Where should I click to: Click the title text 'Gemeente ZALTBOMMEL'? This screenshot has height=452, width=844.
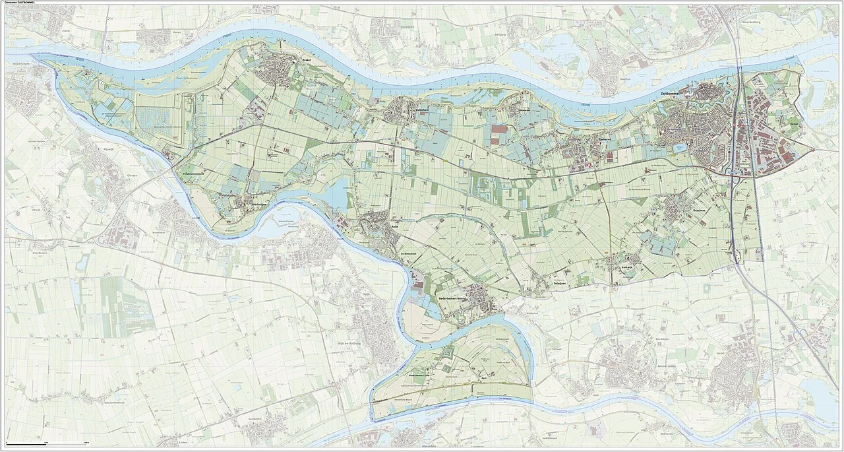tap(24, 3)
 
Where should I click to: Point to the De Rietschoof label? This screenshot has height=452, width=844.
tap(411, 253)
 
